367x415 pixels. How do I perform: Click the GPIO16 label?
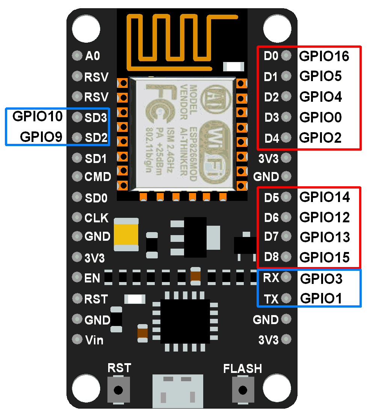(x=324, y=56)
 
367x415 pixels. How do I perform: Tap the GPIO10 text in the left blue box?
(x=38, y=116)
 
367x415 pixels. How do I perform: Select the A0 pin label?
(x=92, y=56)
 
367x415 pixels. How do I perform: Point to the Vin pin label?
(x=94, y=340)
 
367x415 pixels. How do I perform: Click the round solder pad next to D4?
(x=286, y=138)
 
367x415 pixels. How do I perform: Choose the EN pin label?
(x=92, y=278)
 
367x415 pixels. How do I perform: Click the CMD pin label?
(x=98, y=177)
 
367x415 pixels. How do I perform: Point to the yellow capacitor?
(x=127, y=234)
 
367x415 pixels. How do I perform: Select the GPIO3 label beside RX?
(x=321, y=279)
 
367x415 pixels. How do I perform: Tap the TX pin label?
(x=271, y=299)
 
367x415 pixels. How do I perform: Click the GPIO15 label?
(x=325, y=258)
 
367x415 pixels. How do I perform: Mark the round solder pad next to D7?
(x=286, y=237)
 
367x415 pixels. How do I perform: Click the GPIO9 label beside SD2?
(x=41, y=137)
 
